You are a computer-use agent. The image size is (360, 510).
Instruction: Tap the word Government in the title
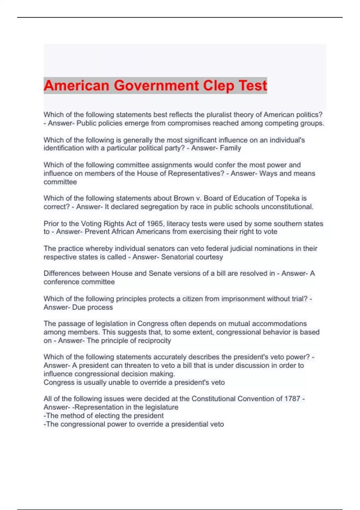[x=156, y=85]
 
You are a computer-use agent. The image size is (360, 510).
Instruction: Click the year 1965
[x=154, y=223]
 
